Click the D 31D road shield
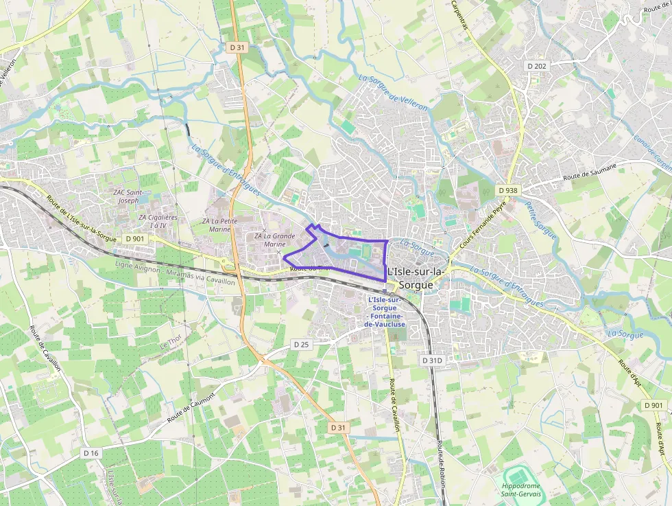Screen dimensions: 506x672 pyautogui.click(x=432, y=360)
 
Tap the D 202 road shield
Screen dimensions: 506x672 pyautogui.click(x=538, y=66)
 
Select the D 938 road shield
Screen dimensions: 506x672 pyautogui.click(x=508, y=189)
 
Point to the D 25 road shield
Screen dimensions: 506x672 pyautogui.click(x=301, y=343)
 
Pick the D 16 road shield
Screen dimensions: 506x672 pyautogui.click(x=91, y=453)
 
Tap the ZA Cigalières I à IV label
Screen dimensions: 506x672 pyautogui.click(x=158, y=221)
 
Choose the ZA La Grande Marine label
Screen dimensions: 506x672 pyautogui.click(x=274, y=240)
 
